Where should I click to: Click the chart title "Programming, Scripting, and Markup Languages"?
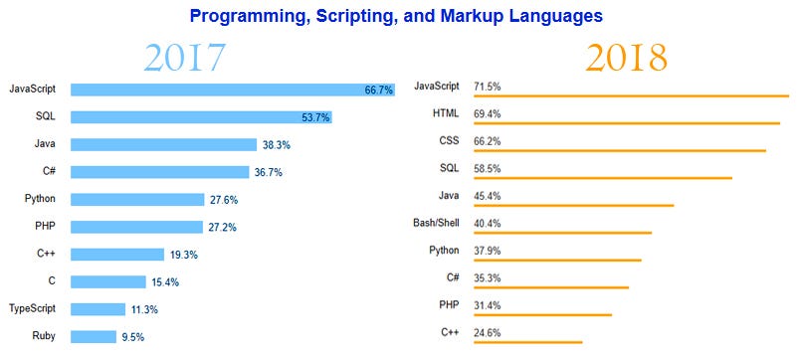(x=395, y=17)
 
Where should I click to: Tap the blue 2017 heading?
(x=184, y=59)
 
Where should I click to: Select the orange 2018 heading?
(x=626, y=59)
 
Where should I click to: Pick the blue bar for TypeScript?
(x=99, y=309)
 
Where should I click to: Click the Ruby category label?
(x=43, y=336)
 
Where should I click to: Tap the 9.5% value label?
(x=133, y=337)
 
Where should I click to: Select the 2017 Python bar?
(x=137, y=200)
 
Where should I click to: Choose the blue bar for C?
(x=108, y=281)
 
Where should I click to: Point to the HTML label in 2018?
(x=446, y=113)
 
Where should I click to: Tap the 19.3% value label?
(x=183, y=255)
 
